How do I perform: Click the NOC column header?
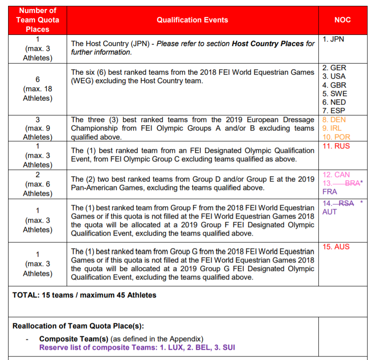(342, 20)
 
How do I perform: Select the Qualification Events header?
(192, 20)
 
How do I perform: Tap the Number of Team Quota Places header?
(38, 20)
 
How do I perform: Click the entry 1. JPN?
(334, 39)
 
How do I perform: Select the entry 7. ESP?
(334, 110)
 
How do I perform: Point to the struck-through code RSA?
(346, 203)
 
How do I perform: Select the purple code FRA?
(330, 192)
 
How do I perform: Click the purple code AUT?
(330, 212)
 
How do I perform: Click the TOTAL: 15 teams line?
(84, 295)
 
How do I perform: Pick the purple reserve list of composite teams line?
(137, 347)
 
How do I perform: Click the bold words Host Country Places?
(268, 44)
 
